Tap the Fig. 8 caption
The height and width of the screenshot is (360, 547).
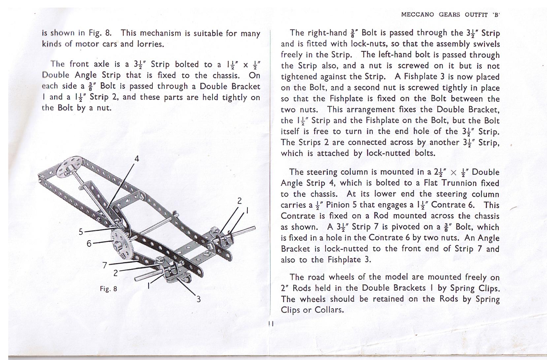(x=109, y=289)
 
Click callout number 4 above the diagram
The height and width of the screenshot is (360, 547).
(x=137, y=159)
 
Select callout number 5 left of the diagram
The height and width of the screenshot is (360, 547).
(x=81, y=232)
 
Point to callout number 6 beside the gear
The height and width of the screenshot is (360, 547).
(x=89, y=244)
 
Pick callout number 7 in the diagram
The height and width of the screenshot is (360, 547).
(x=105, y=265)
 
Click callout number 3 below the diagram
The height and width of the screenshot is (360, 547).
(x=199, y=299)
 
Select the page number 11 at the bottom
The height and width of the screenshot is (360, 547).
(x=271, y=324)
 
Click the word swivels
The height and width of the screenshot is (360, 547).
(x=486, y=44)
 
